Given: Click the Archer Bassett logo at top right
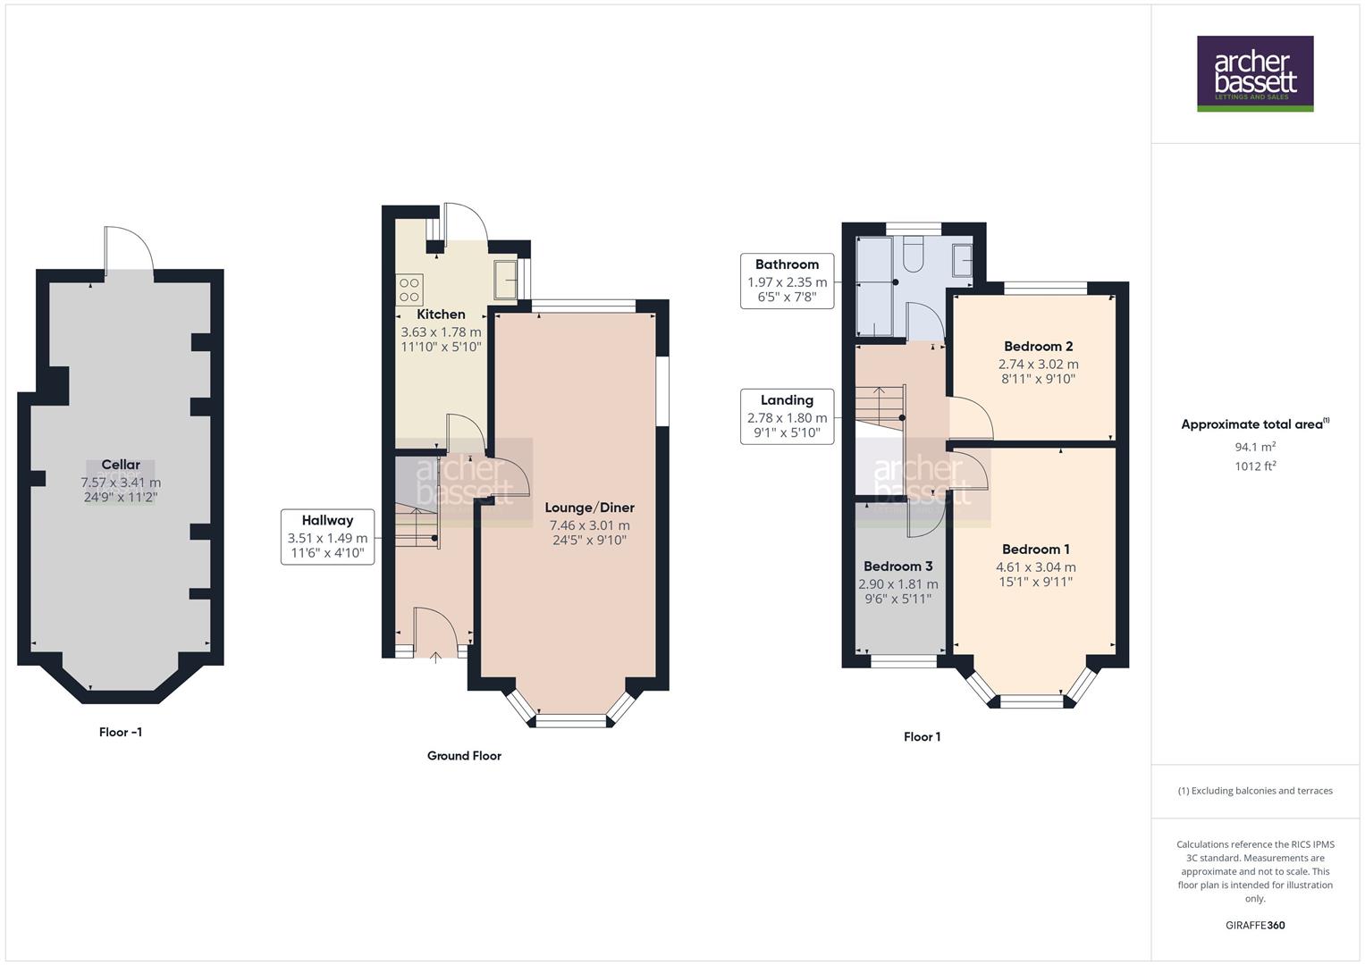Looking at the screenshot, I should tap(1255, 73).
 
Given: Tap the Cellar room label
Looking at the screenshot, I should tap(121, 465).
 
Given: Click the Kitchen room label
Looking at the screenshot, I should tap(441, 315).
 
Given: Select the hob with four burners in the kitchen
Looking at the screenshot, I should tap(409, 289).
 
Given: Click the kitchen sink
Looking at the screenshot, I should tap(505, 280).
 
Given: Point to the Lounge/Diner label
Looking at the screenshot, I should tap(589, 508).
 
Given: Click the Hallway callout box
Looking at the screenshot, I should tap(327, 537).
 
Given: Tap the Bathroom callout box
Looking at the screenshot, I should tap(787, 281).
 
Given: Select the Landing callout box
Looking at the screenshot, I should tap(787, 416).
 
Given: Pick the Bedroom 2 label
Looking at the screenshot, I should tap(1038, 347).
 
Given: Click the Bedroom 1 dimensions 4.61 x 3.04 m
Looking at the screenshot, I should tap(1036, 567).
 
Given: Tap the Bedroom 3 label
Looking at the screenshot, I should tap(897, 566).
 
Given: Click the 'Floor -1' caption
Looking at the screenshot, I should tap(121, 733).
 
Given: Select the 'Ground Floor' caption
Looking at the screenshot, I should tap(464, 756).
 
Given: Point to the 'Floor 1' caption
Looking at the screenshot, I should tap(922, 737).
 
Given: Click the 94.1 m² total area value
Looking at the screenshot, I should tap(1255, 447).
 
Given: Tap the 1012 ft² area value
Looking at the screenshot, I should tap(1255, 466).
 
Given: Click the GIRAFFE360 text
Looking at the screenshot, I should tap(1255, 926).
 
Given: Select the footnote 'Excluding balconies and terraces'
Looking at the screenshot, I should tap(1255, 791).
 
